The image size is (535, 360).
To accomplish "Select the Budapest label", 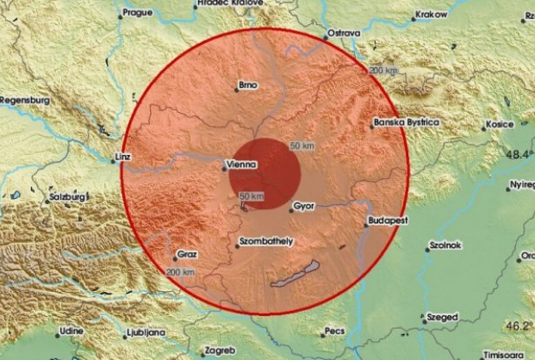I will coord(385,220).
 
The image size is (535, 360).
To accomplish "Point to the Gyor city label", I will coord(305,208).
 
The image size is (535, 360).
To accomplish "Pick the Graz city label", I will coord(187,256).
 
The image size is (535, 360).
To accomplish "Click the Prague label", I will coord(138,13).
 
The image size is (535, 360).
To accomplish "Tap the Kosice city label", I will coord(501,124).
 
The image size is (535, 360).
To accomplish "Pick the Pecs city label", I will coord(334,331).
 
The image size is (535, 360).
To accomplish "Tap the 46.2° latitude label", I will coord(518,327).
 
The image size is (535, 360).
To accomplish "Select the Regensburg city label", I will coord(25,100).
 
